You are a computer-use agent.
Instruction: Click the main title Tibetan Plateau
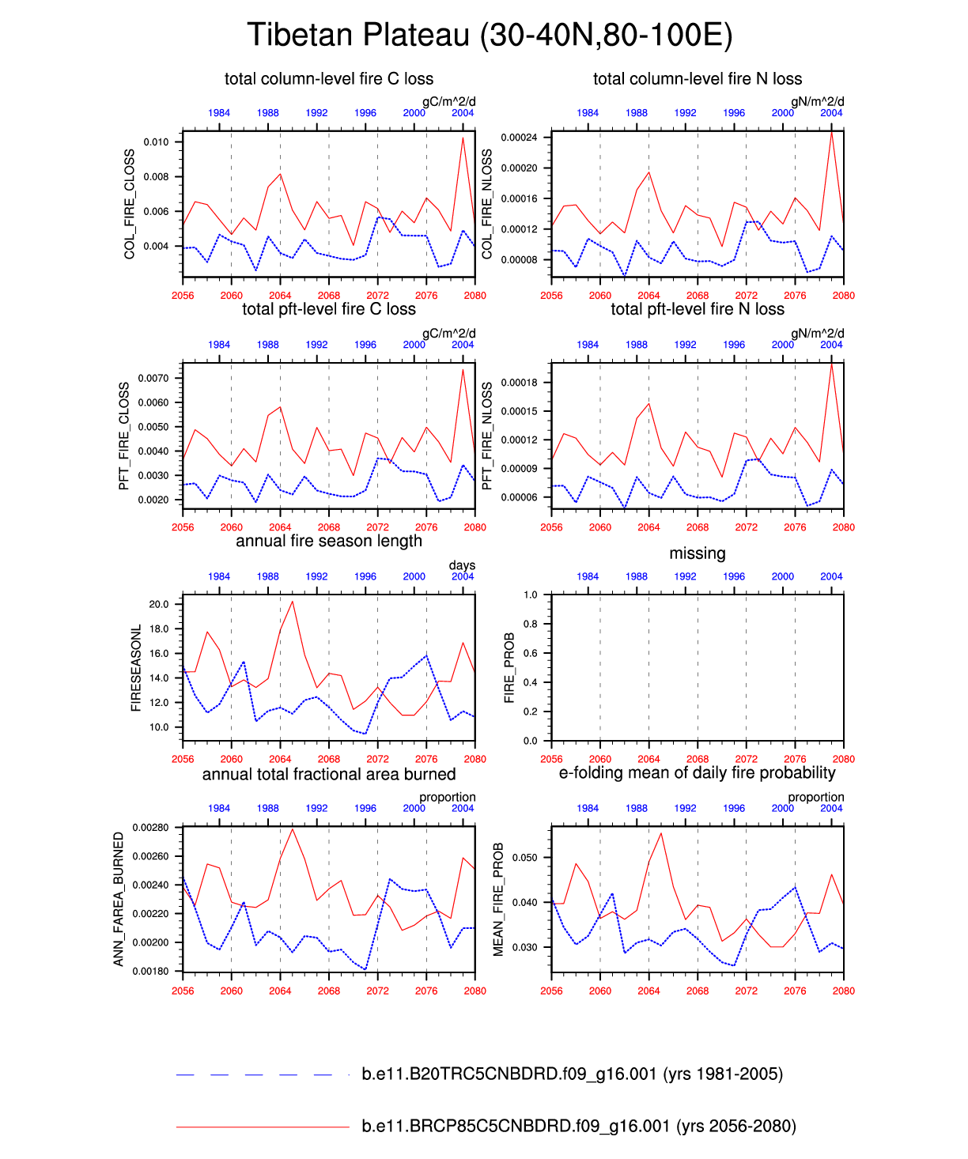[490, 36]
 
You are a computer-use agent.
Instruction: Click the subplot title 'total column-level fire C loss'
[329, 79]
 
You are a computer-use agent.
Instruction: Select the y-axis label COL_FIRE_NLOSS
[487, 204]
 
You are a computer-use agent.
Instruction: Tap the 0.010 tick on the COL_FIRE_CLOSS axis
[156, 142]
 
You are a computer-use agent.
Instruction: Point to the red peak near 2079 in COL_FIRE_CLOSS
[463, 138]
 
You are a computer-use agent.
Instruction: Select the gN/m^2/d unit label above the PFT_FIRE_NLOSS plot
[817, 333]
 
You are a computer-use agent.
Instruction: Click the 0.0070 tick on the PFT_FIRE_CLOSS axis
[153, 378]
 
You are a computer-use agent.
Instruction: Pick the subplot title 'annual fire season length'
[329, 542]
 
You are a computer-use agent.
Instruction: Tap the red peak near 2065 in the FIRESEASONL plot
[293, 602]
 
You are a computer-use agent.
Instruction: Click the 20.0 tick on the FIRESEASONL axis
[159, 604]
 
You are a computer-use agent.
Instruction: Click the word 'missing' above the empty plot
[697, 553]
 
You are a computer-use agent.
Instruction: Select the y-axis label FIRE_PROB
[509, 668]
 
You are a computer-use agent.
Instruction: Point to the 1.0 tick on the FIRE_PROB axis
[530, 595]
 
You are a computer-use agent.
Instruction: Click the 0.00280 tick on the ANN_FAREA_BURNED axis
[150, 828]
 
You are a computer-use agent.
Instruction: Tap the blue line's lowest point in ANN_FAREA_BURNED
[365, 968]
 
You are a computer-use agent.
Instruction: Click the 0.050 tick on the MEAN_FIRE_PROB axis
[524, 858]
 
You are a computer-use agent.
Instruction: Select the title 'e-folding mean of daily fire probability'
[697, 773]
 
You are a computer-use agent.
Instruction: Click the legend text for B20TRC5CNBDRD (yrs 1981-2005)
[572, 1074]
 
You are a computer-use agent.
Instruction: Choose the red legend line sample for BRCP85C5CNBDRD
[263, 1126]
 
